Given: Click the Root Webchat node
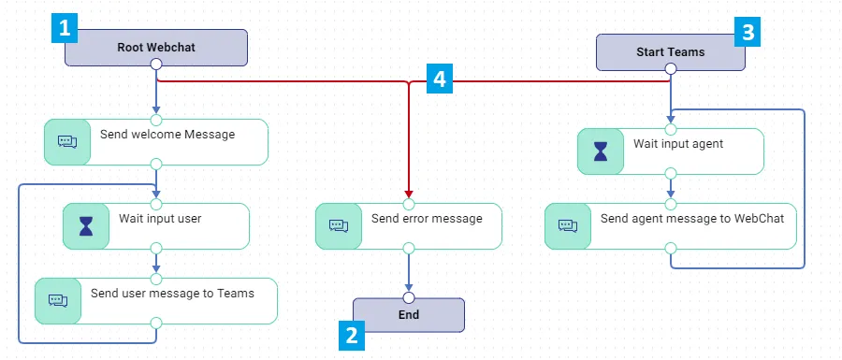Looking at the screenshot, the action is click(x=155, y=47).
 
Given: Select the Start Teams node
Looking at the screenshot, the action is click(x=670, y=52).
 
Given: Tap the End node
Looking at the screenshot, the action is click(x=409, y=315).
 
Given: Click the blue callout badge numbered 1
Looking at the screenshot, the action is click(x=65, y=29).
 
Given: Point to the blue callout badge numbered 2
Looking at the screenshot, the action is click(x=352, y=337).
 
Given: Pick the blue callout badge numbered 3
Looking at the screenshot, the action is click(x=748, y=34).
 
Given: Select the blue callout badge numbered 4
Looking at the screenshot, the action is click(x=440, y=79).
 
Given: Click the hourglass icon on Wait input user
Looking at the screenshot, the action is click(x=86, y=226).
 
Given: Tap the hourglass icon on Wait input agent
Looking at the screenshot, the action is click(x=601, y=151).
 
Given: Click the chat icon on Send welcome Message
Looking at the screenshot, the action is click(x=67, y=142).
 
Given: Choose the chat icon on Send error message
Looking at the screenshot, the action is click(x=339, y=226).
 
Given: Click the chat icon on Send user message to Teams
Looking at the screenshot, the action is click(x=58, y=300).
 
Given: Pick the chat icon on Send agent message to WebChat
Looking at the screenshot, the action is click(x=568, y=226).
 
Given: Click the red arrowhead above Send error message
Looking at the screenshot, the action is click(x=409, y=194).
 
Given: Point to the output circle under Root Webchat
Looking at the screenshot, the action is click(x=155, y=65).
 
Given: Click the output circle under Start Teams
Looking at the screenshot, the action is click(x=670, y=68).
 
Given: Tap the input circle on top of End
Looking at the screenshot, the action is click(x=409, y=298).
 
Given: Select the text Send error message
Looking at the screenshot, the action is click(x=427, y=219).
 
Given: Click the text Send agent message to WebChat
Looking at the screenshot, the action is click(x=692, y=219).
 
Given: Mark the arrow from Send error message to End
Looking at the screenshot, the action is click(x=409, y=272).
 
